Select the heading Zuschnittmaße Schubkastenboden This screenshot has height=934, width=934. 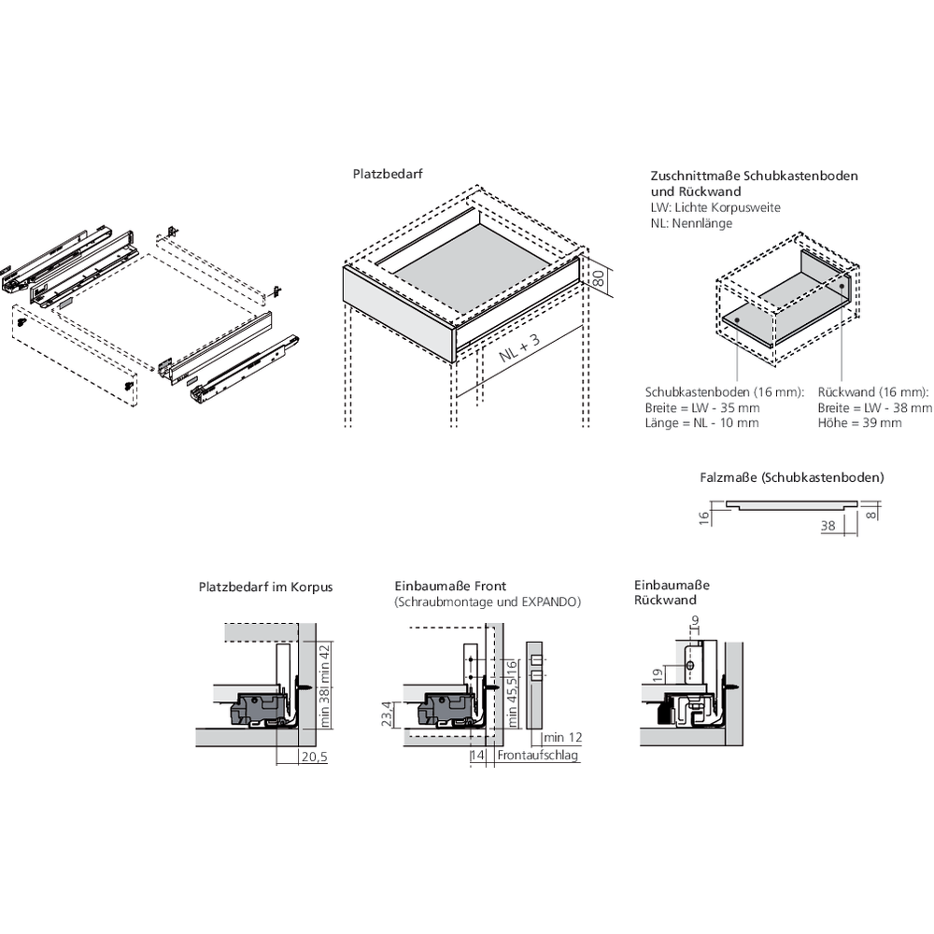[x=754, y=176]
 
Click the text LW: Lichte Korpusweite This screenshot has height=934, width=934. [x=715, y=206]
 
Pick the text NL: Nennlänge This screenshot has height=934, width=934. [x=691, y=222]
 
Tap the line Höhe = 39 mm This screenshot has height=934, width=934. [x=859, y=423]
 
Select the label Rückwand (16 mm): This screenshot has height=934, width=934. [x=873, y=391]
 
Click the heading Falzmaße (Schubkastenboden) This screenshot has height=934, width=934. [x=791, y=477]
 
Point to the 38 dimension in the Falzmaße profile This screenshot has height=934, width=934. [x=828, y=526]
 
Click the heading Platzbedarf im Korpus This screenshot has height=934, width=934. [x=265, y=587]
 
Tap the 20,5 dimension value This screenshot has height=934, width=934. [x=313, y=757]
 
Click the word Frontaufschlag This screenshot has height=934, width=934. [x=538, y=755]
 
